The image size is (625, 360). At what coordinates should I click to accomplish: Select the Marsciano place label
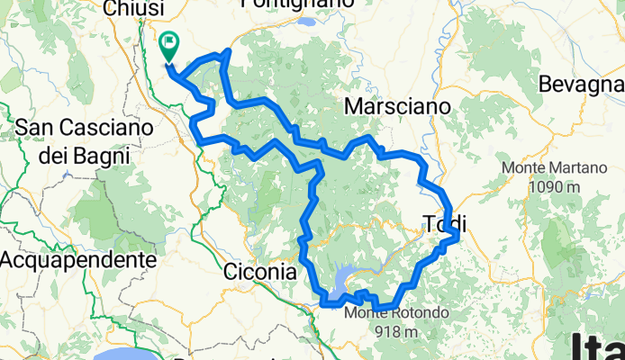tap(397, 106)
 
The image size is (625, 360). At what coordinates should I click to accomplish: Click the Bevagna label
tap(581, 85)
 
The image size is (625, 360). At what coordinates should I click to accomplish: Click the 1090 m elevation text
tap(556, 187)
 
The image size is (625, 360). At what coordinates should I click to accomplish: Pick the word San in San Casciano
tap(33, 128)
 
